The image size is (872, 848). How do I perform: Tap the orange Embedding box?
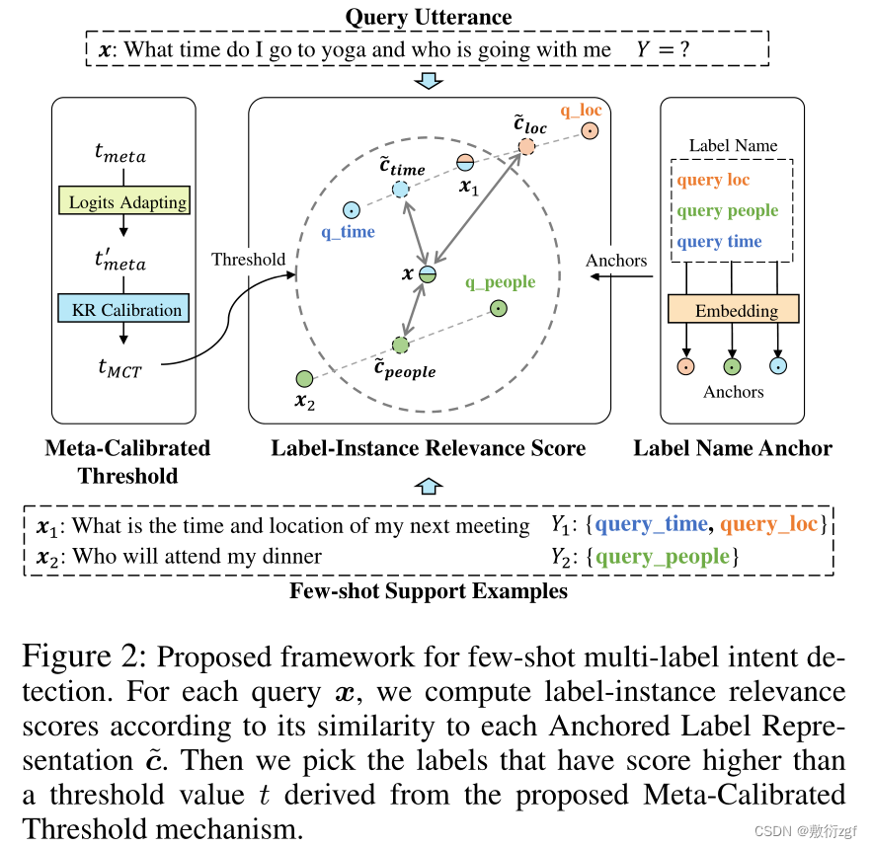[734, 310]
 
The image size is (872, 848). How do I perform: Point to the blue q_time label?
[348, 232]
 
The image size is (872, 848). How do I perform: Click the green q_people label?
[500, 282]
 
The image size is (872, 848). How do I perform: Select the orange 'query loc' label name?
[713, 180]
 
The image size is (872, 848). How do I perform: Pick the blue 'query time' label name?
[719, 242]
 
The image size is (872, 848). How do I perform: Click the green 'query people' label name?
[727, 210]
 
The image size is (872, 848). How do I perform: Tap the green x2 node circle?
[304, 378]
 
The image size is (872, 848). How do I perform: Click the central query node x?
[427, 274]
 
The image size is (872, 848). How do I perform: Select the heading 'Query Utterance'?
[428, 17]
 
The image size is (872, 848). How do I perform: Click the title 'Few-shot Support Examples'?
[428, 591]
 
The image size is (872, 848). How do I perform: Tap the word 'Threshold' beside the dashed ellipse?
[248, 260]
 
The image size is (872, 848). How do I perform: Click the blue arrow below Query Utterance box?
[428, 81]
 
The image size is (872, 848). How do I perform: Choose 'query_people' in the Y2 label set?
[662, 557]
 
